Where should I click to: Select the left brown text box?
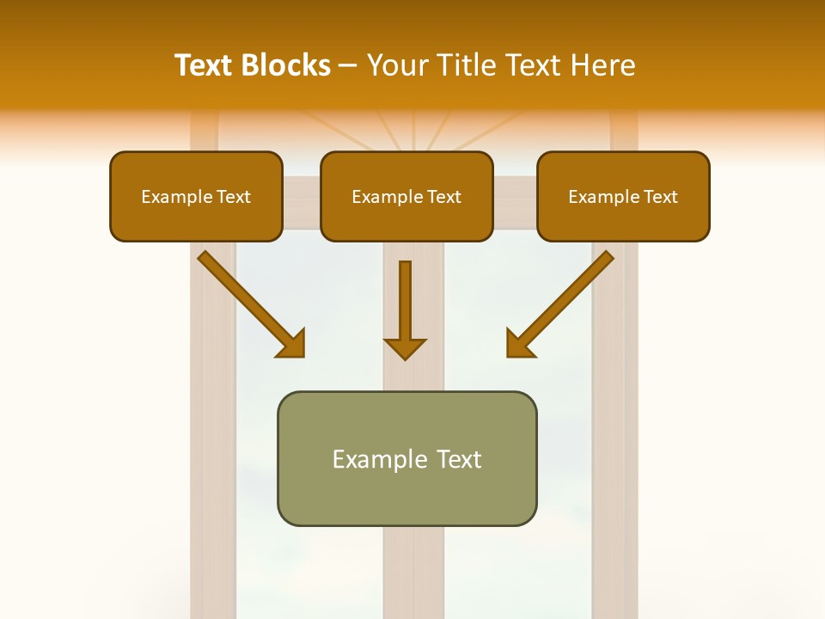coord(196,196)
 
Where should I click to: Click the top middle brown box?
coord(406,196)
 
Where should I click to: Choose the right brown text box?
coord(623,196)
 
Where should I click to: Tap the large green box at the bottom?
coord(406,458)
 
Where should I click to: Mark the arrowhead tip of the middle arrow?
coord(406,358)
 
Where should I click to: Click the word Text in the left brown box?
coord(233,197)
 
